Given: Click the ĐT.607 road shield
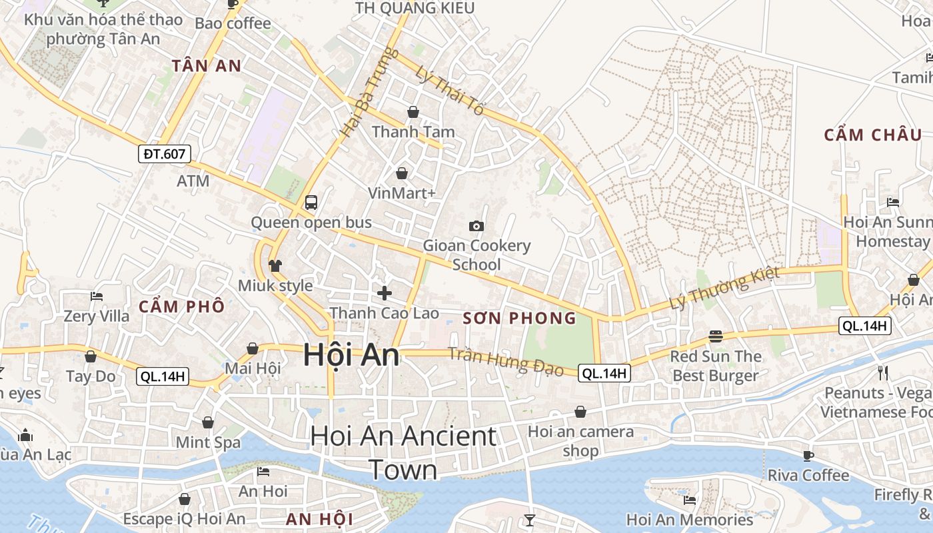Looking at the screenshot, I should (x=165, y=154).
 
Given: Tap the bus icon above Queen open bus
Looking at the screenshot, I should (x=311, y=202).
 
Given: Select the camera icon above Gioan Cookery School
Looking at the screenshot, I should (x=476, y=226).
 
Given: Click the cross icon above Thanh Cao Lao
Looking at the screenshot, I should (x=385, y=292).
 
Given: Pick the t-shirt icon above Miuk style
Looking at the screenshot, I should (x=275, y=265).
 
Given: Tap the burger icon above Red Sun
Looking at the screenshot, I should (x=716, y=336).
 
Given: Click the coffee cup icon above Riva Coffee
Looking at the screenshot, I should (x=808, y=456).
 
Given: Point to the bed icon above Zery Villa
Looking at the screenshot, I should (x=97, y=296).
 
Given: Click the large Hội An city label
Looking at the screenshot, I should (x=351, y=354).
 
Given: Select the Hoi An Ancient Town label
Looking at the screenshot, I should (x=403, y=452).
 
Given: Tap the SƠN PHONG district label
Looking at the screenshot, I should (x=519, y=318).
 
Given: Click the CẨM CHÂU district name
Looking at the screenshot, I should (x=873, y=135).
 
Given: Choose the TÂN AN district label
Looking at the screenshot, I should (x=206, y=66).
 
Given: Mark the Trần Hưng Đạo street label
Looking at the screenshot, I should (x=505, y=361).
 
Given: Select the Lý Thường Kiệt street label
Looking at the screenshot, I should (x=724, y=288).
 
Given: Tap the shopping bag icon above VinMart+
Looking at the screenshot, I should (x=402, y=173).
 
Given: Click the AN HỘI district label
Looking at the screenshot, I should (x=319, y=519).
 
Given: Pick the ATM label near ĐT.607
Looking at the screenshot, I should (x=193, y=181).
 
